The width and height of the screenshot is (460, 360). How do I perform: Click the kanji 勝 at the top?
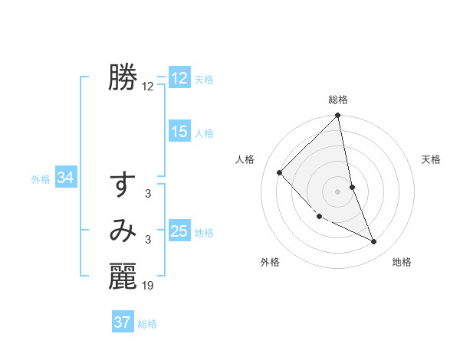tap(123, 77)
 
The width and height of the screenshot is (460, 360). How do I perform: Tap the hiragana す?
tap(123, 186)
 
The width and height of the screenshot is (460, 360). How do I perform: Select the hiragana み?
tap(123, 231)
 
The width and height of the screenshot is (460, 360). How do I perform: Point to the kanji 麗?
tap(123, 277)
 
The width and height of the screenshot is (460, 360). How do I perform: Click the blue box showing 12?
tap(179, 78)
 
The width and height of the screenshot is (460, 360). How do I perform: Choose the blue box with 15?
tap(179, 132)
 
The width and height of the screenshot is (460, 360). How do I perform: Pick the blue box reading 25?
tap(179, 231)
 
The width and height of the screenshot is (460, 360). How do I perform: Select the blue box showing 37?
tap(123, 322)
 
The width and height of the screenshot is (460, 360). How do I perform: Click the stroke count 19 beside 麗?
tap(148, 286)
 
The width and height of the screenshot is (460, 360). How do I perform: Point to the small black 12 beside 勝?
tap(148, 87)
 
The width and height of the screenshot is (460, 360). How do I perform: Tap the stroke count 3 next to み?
tap(148, 241)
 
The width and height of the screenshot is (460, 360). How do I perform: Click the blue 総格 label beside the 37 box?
tap(147, 324)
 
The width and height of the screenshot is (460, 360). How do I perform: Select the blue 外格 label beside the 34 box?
tap(41, 179)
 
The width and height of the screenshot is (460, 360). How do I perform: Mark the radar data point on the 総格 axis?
tap(337, 116)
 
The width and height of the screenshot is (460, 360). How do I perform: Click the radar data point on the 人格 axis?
tap(280, 173)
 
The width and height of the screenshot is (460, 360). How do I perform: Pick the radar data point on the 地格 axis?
tap(374, 242)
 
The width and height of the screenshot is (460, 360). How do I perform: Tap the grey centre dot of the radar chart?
tap(337, 191)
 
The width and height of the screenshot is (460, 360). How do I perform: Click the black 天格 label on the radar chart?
tap(432, 159)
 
